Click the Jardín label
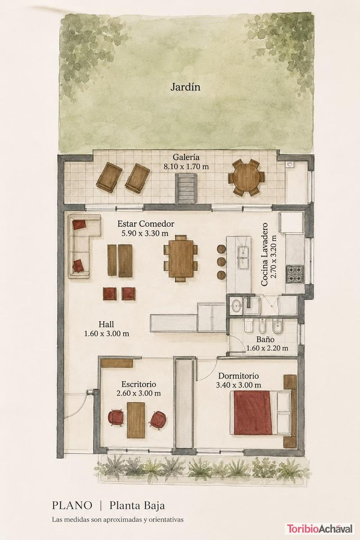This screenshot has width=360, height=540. (x=185, y=87)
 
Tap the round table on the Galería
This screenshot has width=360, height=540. (x=247, y=177)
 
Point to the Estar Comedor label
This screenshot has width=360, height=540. (x=146, y=224)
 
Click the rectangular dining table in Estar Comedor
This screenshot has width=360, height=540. (x=181, y=258)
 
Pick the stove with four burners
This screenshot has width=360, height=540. (x=295, y=274)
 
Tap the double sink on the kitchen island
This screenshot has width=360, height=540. (x=243, y=258)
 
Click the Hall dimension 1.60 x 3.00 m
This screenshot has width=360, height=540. (x=107, y=333)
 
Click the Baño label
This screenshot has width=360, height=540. (x=265, y=339)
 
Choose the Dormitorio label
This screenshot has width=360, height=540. (x=238, y=376)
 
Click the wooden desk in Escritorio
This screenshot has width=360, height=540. (x=136, y=420)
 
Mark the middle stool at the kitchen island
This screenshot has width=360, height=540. (x=221, y=261)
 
